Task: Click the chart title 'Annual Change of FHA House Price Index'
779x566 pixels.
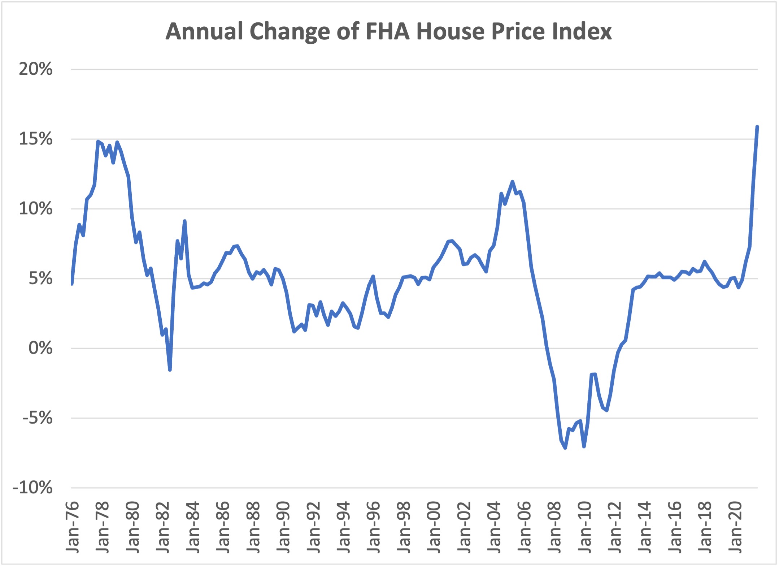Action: (388, 31)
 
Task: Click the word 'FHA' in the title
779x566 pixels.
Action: (387, 31)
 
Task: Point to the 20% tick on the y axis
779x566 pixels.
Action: (36, 69)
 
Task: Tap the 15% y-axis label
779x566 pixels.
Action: (36, 139)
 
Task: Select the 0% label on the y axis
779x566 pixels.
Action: (40, 349)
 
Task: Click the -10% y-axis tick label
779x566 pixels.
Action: (32, 488)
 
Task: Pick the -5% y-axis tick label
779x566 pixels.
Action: (37, 418)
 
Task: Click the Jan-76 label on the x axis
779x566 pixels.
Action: (73, 527)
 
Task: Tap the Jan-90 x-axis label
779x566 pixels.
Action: (283, 527)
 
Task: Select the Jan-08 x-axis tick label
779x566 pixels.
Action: (554, 527)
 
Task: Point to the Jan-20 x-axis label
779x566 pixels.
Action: (735, 527)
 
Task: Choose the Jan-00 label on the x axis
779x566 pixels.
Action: (434, 527)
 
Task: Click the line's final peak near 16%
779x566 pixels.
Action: (757, 127)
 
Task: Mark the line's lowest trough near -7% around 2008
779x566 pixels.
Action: (565, 448)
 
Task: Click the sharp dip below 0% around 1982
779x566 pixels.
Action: (170, 370)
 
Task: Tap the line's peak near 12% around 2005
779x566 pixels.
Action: (512, 182)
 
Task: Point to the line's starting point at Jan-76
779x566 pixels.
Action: (72, 284)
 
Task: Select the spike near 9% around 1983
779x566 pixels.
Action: (184, 221)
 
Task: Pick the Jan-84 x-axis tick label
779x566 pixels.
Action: (193, 527)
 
